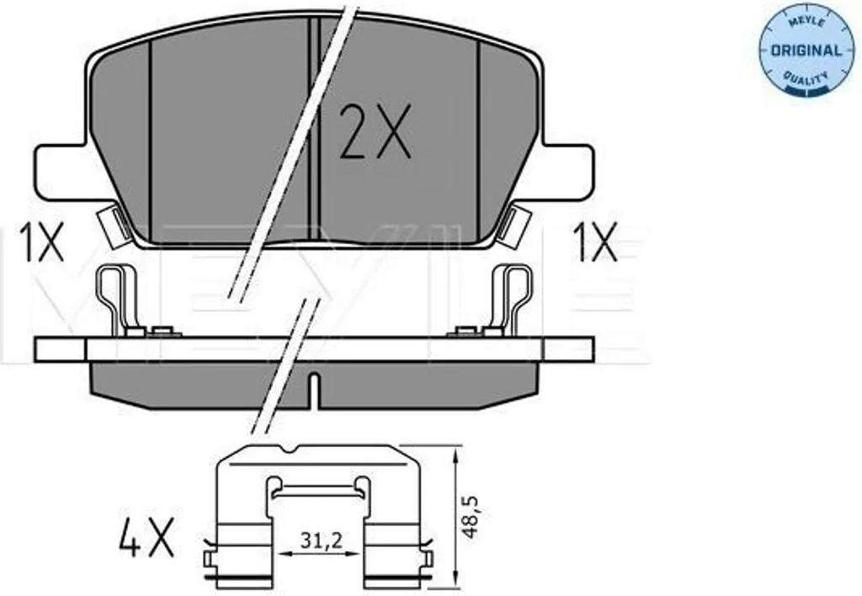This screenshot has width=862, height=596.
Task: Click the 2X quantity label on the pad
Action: click(x=375, y=132)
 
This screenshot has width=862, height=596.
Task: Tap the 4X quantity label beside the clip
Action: click(x=146, y=536)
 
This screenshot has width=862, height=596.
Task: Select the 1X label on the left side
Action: click(x=42, y=242)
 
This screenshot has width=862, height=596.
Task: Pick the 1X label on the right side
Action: click(x=596, y=242)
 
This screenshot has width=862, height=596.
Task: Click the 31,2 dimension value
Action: click(x=322, y=541)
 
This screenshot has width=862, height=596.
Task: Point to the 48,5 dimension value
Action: click(x=471, y=517)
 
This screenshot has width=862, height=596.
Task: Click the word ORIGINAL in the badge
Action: click(x=806, y=51)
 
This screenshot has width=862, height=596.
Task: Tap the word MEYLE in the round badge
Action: click(x=807, y=22)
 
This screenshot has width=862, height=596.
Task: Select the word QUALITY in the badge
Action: click(x=806, y=78)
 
